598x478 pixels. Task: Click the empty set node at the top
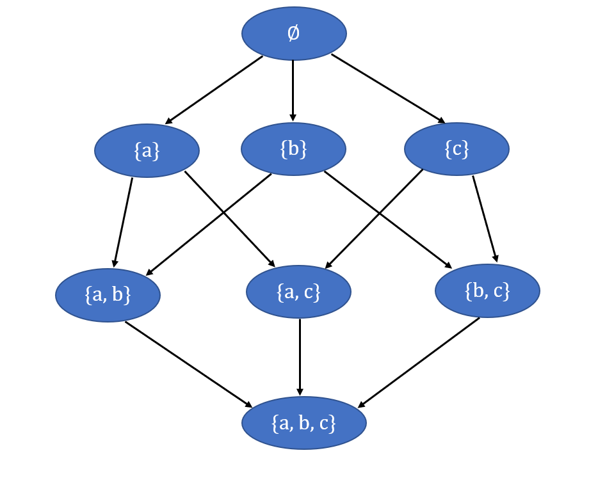[x=294, y=33]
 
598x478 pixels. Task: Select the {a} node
[x=147, y=150]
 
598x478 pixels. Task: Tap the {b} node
[x=293, y=149]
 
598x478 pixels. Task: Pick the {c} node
[x=457, y=149]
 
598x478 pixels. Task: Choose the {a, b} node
[x=108, y=295]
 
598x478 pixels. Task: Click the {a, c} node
[x=298, y=292]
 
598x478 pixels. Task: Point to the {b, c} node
[x=487, y=291]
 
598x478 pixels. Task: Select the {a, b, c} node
[x=303, y=423]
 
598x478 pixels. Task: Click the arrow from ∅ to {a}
[x=214, y=90]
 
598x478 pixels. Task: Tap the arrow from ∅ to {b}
[x=293, y=90]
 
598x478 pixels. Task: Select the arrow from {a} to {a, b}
[x=123, y=221]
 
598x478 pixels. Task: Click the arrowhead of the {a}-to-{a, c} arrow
[x=272, y=264]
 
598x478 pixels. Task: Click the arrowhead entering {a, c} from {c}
[x=327, y=266]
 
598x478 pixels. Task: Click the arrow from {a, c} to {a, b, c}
[x=299, y=356]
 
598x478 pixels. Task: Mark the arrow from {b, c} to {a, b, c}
[x=419, y=362]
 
